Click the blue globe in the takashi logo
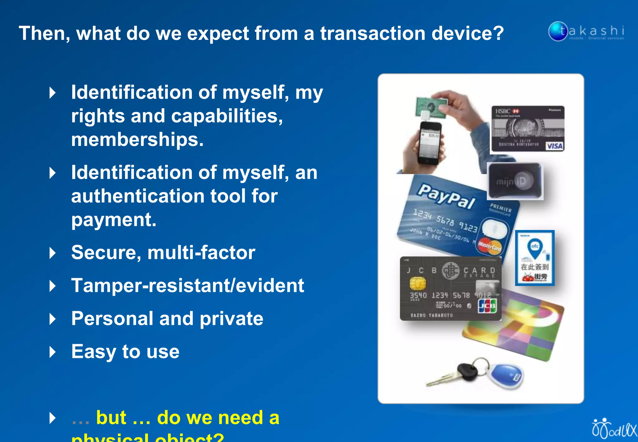(x=558, y=31)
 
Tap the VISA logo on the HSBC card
(x=555, y=146)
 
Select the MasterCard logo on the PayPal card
(x=489, y=247)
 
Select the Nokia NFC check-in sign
(x=535, y=258)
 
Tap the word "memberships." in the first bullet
(x=137, y=139)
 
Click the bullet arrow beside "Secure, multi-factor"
(x=53, y=253)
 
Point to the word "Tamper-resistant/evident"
(x=188, y=286)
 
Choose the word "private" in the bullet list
(x=231, y=319)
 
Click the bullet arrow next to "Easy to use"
(x=53, y=352)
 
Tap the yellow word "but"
(x=111, y=418)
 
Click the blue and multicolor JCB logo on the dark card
(x=488, y=306)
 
